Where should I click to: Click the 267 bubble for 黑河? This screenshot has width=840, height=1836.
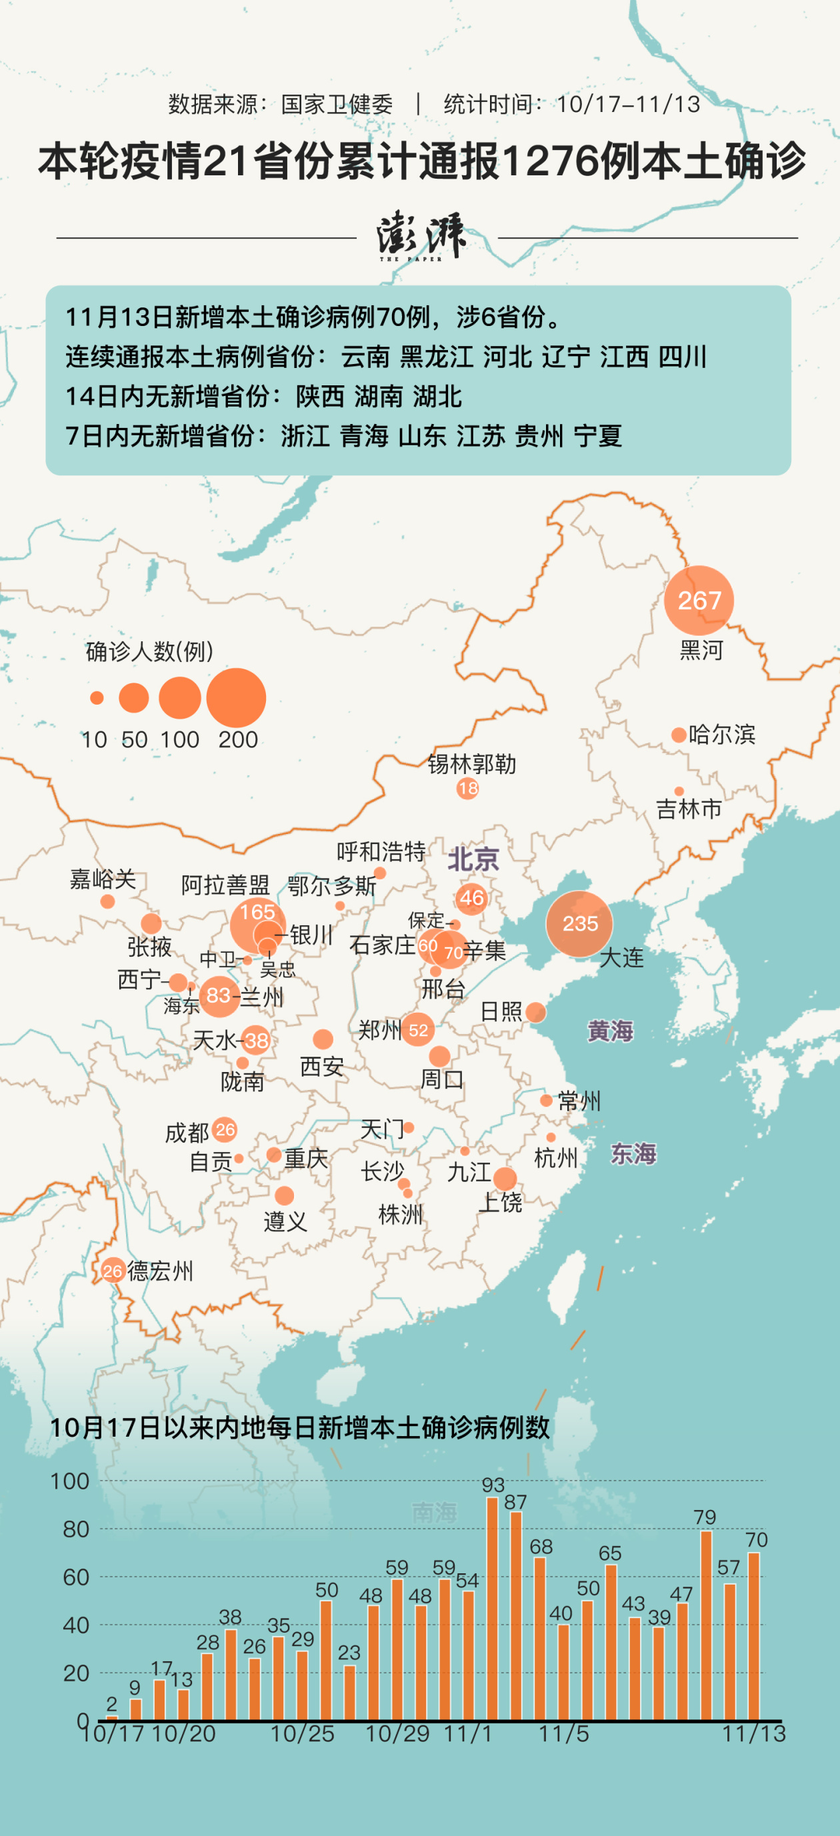(x=698, y=600)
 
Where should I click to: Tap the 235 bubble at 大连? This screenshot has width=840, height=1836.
(x=579, y=924)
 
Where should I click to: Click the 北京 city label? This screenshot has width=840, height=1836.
(x=473, y=859)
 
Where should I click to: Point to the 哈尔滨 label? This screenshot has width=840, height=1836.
(x=721, y=734)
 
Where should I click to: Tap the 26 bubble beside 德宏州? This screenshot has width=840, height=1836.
(x=113, y=1271)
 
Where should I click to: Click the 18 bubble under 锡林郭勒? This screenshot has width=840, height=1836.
(x=467, y=788)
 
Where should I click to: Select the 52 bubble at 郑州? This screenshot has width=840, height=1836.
(x=417, y=1029)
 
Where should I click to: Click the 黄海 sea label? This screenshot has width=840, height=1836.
(x=610, y=1031)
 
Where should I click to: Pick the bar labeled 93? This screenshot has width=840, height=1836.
(x=491, y=1608)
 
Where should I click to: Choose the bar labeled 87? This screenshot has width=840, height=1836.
(x=516, y=1615)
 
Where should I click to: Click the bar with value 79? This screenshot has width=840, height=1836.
(x=706, y=1625)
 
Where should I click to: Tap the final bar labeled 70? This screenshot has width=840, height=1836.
(x=754, y=1636)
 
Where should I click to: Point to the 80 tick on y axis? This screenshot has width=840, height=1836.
(x=75, y=1529)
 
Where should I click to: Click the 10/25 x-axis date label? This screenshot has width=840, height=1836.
(x=302, y=1734)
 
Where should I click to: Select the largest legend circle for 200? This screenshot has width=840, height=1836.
(x=236, y=698)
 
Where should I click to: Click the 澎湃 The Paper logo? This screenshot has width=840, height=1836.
(x=421, y=236)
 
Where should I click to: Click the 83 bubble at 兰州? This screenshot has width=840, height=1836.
(x=219, y=996)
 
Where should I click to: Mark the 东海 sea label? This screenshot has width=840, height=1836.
(x=633, y=1153)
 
